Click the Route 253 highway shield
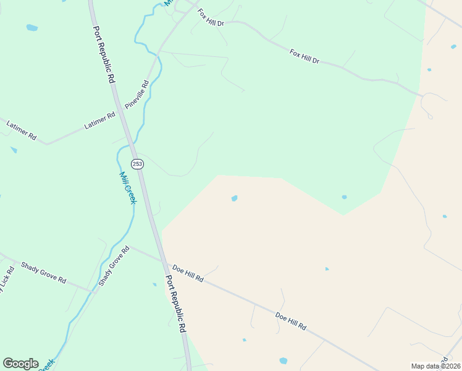click(x=136, y=163)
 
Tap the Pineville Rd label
click(x=137, y=95)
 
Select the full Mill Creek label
click(x=127, y=187)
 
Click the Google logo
click(x=20, y=364)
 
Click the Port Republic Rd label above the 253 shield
click(x=104, y=54)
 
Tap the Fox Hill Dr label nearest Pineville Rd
click(x=210, y=17)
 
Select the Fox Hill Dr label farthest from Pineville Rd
click(x=304, y=57)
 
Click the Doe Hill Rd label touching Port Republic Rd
click(x=188, y=273)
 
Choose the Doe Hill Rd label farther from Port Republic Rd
click(x=291, y=321)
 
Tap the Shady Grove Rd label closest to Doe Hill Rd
click(x=114, y=266)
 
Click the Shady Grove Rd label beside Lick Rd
click(x=43, y=272)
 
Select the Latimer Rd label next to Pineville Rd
click(x=99, y=121)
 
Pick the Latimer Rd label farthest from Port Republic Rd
click(x=22, y=129)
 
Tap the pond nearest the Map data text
click(x=283, y=360)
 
